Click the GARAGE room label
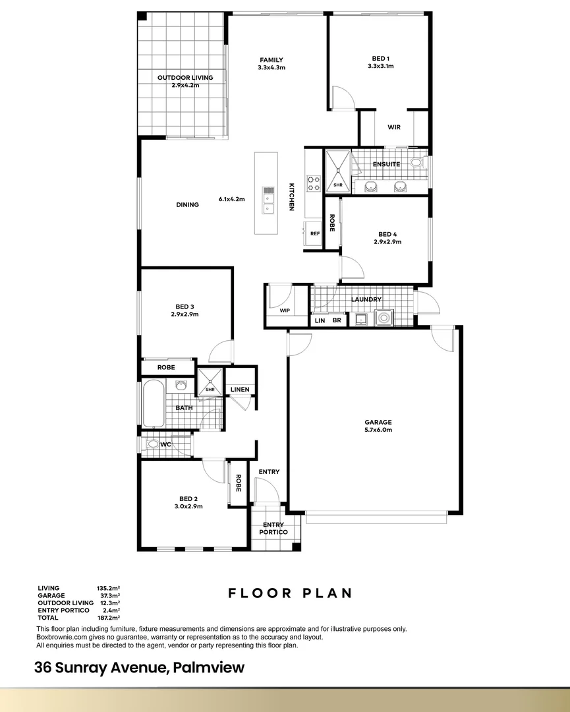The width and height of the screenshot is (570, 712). click(378, 423)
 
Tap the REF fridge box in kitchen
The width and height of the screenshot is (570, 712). click(314, 233)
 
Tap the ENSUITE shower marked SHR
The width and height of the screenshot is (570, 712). click(338, 171)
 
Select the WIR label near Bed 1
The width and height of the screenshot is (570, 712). click(394, 127)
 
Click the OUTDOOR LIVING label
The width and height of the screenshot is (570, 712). click(185, 78)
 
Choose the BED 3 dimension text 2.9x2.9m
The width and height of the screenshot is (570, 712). click(185, 314)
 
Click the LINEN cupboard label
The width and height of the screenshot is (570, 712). click(240, 390)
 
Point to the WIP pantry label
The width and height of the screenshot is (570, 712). click(285, 310)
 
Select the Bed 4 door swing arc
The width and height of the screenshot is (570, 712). click(352, 266)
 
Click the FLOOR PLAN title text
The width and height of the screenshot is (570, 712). click(290, 593)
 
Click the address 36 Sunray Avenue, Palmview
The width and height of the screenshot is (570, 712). click(140, 667)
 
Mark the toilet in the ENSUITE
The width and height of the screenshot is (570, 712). click(416, 162)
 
